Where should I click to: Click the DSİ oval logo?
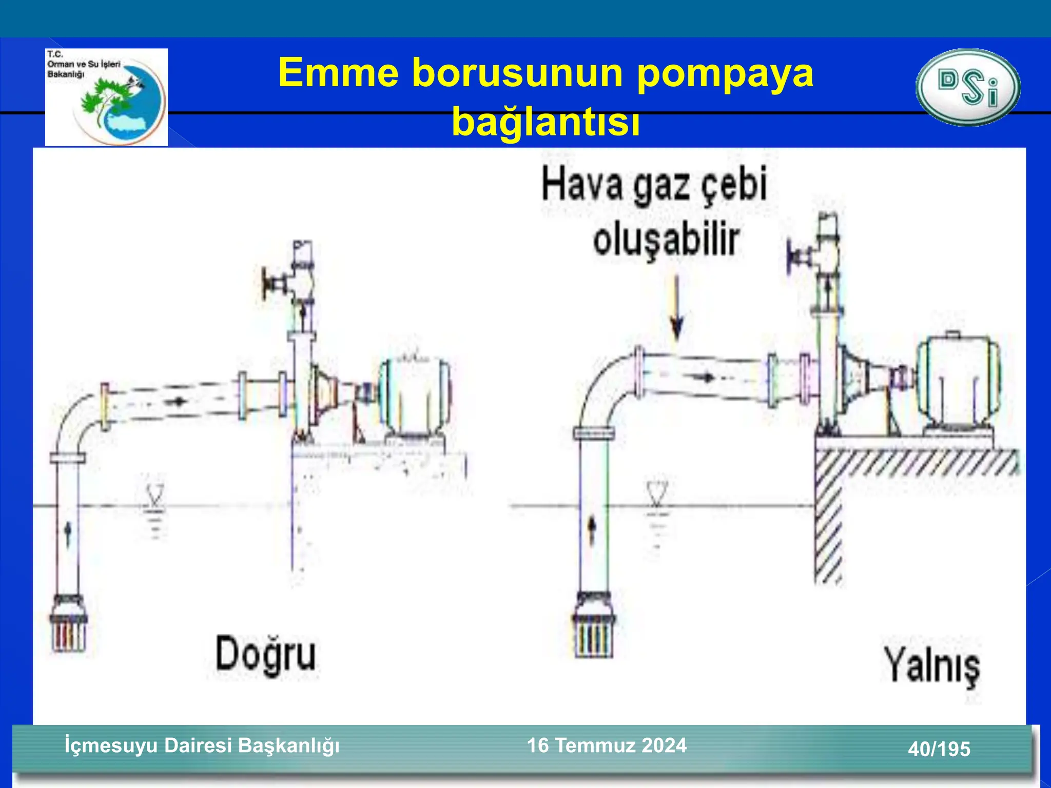(x=968, y=87)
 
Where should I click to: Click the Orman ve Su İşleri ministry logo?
(x=106, y=97)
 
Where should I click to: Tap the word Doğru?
(x=265, y=655)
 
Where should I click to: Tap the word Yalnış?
(x=931, y=667)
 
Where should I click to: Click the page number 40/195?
(x=939, y=749)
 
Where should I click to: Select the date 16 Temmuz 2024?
(x=607, y=745)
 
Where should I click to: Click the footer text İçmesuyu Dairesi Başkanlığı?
(x=202, y=745)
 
